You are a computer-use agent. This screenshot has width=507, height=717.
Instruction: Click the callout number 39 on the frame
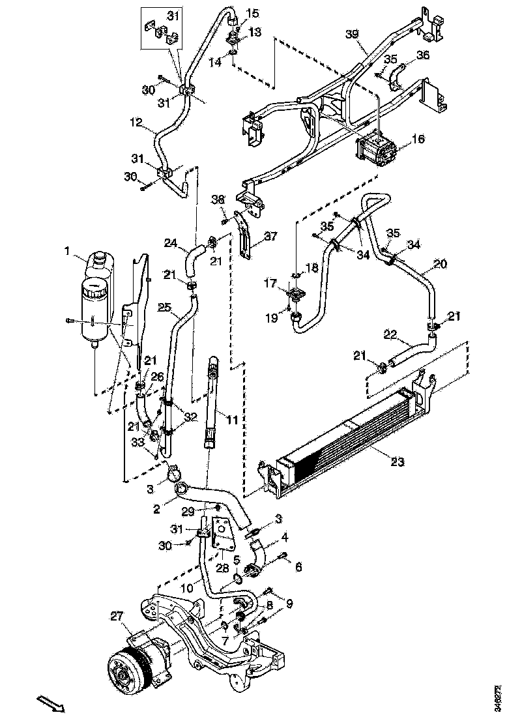point(352,35)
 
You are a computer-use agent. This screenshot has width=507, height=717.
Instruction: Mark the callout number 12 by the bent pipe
point(136,121)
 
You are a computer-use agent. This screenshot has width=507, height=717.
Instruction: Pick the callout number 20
point(441,264)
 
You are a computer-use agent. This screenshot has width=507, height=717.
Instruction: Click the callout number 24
point(170,243)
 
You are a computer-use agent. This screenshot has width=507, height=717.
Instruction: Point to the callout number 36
point(423,56)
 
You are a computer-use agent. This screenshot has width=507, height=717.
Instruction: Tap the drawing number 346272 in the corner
point(499,697)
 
